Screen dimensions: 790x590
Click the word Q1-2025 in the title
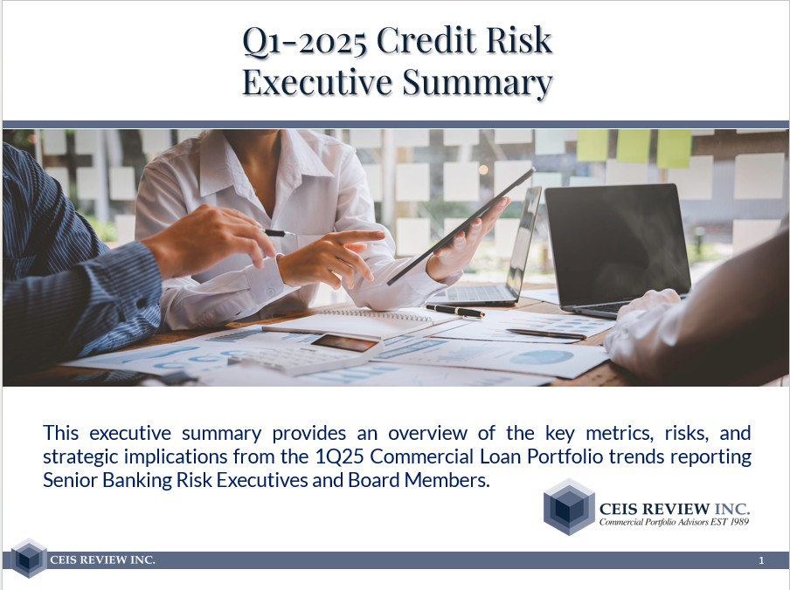(305, 40)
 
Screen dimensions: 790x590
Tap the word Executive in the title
(317, 81)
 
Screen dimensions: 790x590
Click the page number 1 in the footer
(761, 560)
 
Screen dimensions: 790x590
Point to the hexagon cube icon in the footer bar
(29, 558)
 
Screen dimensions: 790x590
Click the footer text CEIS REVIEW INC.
(103, 559)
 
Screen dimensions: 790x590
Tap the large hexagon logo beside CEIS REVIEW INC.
(569, 506)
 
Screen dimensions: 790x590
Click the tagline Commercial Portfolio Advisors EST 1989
(674, 522)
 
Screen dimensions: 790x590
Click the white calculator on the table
(308, 354)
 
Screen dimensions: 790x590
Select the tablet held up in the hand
(461, 226)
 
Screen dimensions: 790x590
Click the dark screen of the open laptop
(617, 244)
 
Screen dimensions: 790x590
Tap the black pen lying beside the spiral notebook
(455, 311)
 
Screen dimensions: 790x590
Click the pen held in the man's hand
(278, 233)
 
